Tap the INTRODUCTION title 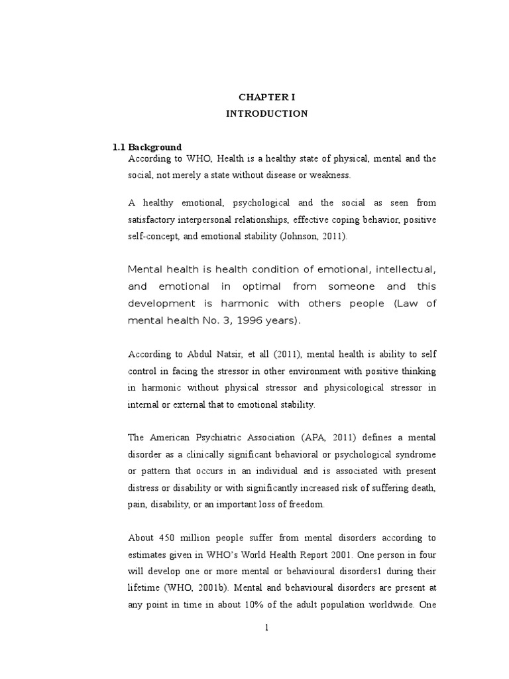[x=266, y=113]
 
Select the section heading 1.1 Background [x=146, y=147]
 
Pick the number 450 [x=168, y=537]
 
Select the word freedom [x=306, y=503]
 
